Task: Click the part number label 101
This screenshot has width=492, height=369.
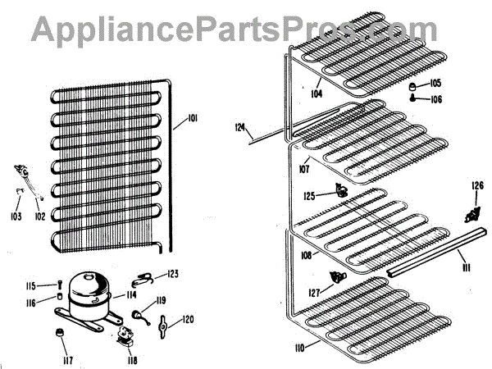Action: (193, 120)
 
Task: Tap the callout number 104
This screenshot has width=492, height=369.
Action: (317, 93)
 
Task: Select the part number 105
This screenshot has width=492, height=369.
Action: (435, 83)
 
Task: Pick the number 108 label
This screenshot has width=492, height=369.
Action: (306, 255)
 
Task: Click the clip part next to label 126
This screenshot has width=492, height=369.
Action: (470, 216)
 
